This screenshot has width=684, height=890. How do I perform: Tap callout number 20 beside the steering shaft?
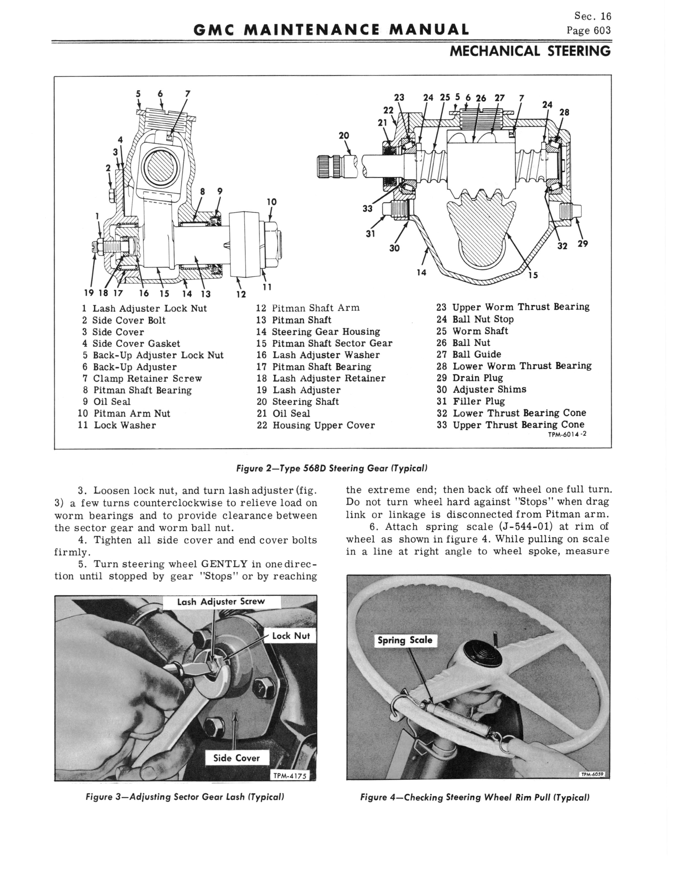344,135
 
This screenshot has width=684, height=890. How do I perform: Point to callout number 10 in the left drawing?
272,202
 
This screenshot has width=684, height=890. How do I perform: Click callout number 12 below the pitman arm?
241,294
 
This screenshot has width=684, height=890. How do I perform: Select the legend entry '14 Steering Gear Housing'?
318,332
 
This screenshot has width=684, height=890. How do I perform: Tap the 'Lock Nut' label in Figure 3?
291,636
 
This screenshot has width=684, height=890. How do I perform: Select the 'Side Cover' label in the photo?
236,758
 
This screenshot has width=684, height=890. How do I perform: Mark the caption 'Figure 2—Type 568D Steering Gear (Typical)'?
332,468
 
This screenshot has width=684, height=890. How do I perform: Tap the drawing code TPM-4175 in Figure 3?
290,776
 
